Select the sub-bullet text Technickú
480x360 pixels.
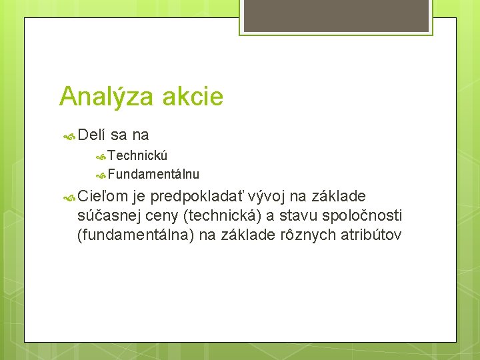pos(137,155)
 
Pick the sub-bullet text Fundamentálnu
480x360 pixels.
pos(153,175)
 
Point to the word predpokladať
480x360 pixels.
pos(197,196)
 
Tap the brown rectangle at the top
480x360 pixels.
pos(335,15)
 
